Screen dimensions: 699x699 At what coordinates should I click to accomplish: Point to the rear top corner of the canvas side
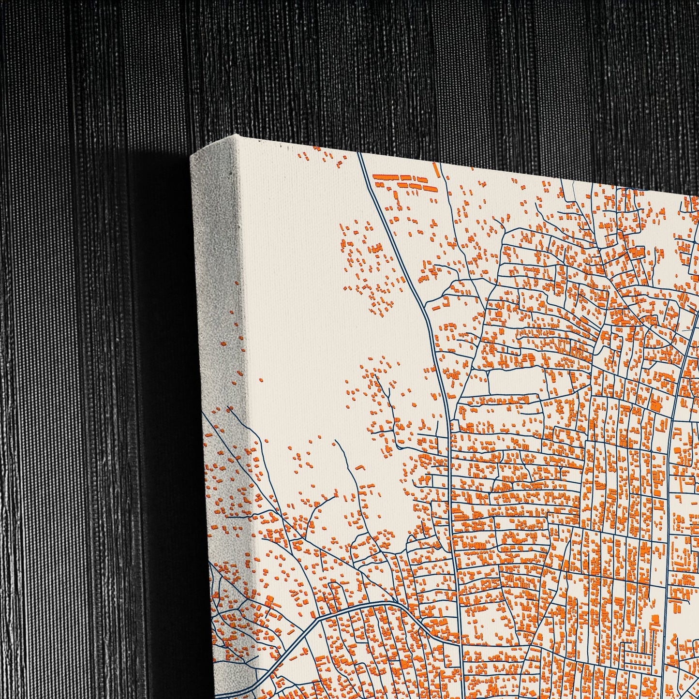192,156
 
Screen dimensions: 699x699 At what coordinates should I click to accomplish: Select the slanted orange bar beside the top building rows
436,170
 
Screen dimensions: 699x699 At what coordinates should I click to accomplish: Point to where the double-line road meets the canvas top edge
359,154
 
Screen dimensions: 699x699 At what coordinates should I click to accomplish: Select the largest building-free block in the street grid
513,382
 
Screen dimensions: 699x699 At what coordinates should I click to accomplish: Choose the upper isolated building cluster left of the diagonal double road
368,266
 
